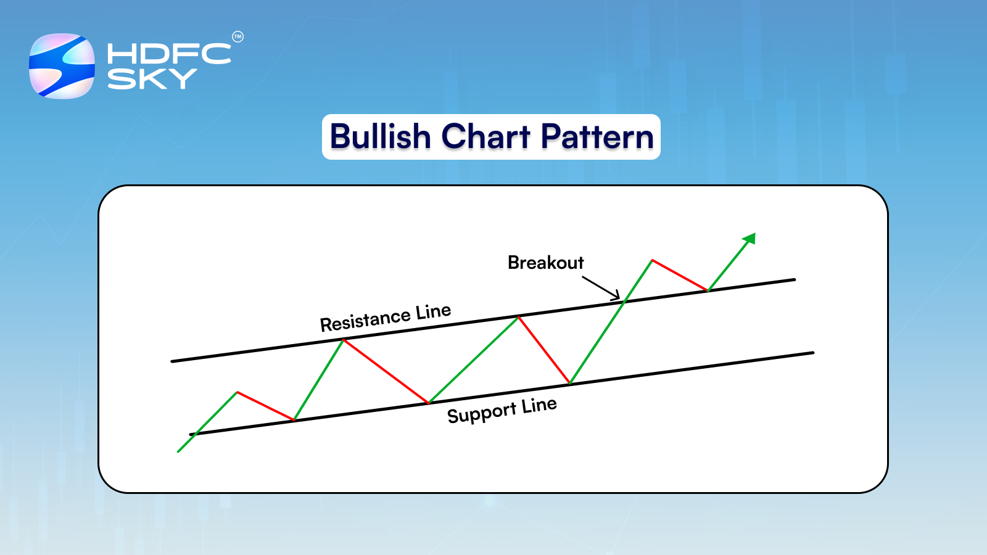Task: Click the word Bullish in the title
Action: pos(380,136)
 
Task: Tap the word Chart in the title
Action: pos(485,136)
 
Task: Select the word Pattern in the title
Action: pos(597,136)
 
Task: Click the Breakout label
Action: pos(545,263)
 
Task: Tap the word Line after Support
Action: pos(539,405)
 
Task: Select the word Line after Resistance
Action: pos(433,311)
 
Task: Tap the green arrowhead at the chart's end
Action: pos(750,238)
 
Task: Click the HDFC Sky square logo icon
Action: pos(62,66)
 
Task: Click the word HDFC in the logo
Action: pos(168,54)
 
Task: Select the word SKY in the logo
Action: pos(152,79)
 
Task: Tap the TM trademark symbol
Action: pos(237,37)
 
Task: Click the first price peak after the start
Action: pos(237,392)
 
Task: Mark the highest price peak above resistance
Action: pos(652,260)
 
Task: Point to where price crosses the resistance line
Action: pos(624,302)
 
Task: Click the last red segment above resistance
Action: pos(679,275)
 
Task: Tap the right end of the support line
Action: pos(812,353)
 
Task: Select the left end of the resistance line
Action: pos(173,361)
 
